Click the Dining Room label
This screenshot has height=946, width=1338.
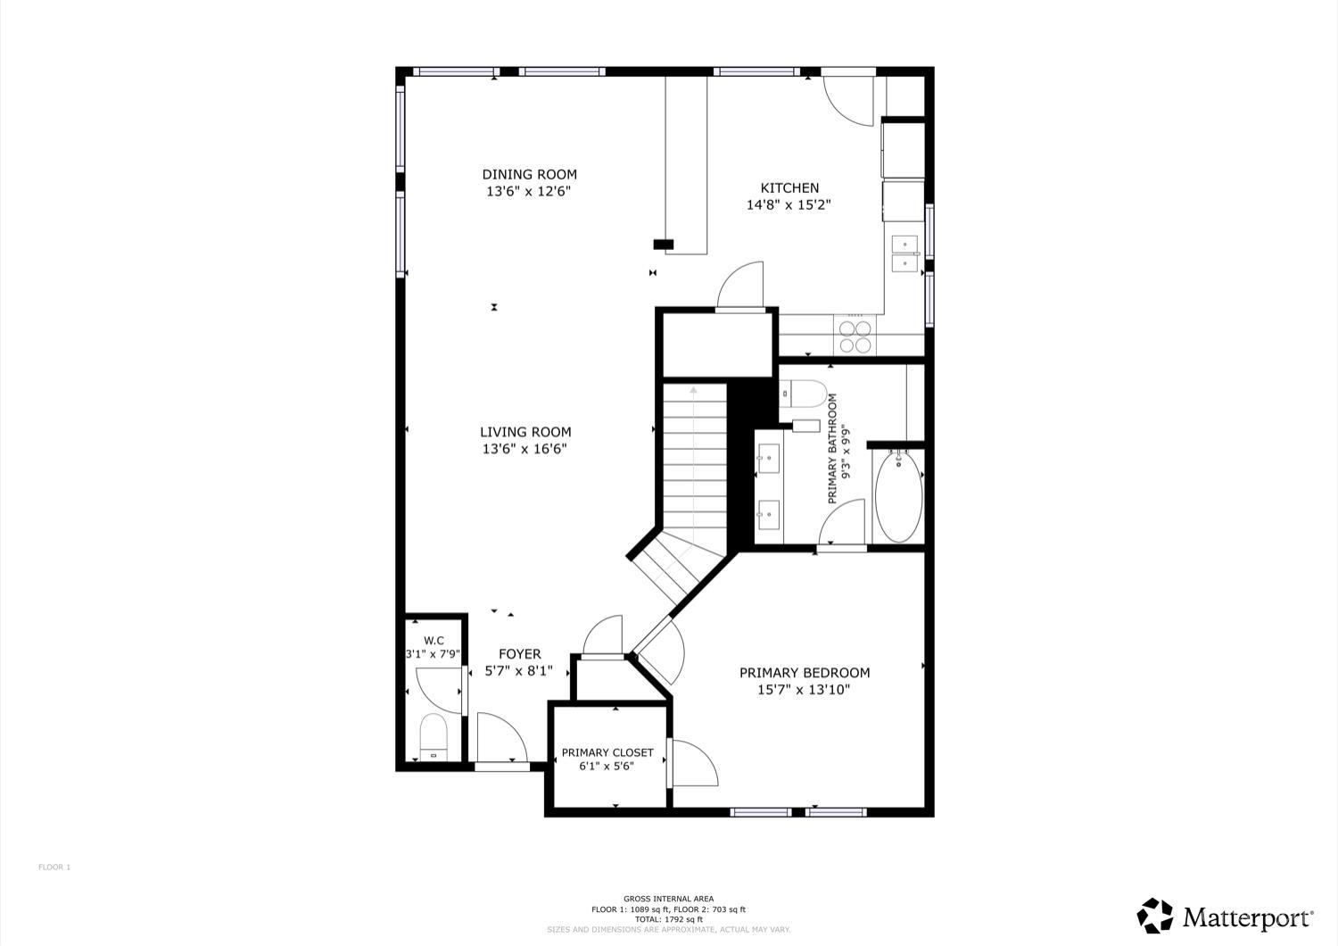(x=529, y=175)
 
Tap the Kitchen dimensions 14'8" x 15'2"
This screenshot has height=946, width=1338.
(x=789, y=205)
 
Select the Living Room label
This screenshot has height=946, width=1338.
(x=525, y=432)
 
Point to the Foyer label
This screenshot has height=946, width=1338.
(x=520, y=654)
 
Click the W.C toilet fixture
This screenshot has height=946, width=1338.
(x=434, y=737)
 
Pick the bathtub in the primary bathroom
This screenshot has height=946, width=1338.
(x=898, y=497)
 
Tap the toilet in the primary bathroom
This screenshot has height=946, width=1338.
(x=804, y=394)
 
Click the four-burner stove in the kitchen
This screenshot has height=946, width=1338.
(x=855, y=336)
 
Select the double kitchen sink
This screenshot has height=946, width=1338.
(x=905, y=253)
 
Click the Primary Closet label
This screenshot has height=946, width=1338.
(x=607, y=752)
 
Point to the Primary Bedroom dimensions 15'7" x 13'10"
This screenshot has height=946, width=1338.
(x=804, y=690)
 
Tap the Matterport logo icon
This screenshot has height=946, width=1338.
(x=1154, y=916)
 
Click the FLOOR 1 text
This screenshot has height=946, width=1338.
(x=54, y=867)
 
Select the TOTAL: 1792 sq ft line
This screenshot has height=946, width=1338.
(x=668, y=920)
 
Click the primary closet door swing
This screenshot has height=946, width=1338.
(x=693, y=763)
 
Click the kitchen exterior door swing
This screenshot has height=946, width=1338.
(x=848, y=101)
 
